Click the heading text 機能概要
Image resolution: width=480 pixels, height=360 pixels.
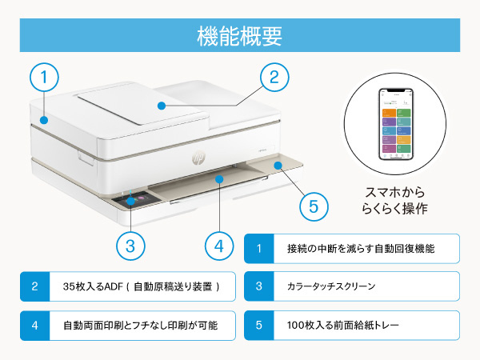pos(239,36)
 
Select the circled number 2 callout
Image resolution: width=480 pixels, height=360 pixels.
pos(274,77)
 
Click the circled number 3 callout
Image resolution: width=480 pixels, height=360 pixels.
pos(130,246)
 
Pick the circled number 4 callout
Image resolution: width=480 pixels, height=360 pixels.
pos(219,246)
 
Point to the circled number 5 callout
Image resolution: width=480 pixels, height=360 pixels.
pos(314,206)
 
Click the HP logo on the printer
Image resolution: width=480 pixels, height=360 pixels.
pos(198,158)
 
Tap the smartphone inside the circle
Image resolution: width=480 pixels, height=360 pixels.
pos(396,124)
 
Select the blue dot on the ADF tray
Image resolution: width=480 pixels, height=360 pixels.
pos(162,106)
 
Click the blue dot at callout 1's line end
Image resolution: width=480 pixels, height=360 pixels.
pos(44,120)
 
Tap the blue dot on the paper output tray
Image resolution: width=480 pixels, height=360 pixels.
pos(219,178)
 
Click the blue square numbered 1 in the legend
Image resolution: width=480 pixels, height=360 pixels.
pos(259,249)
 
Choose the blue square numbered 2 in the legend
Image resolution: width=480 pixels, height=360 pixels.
pos(35,286)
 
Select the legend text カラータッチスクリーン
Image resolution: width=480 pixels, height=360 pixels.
pos(331,286)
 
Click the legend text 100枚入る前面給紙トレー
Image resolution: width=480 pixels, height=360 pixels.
pos(343,325)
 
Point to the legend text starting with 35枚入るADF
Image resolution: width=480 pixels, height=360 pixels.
pos(142,286)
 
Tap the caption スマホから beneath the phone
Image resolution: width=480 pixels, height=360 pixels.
pos(395,193)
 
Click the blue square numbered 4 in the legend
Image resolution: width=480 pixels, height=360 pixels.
pos(35,326)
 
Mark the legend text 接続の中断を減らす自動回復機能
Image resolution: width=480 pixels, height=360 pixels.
pos(361,249)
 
